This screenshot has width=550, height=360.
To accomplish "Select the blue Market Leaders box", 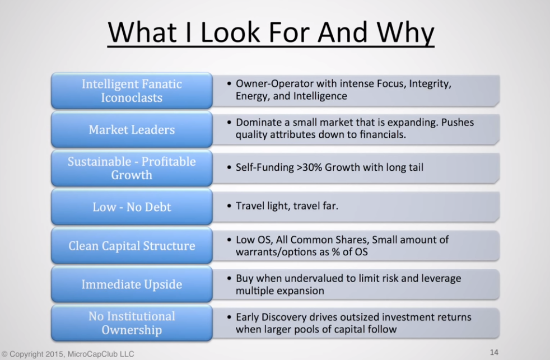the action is pos(132,129).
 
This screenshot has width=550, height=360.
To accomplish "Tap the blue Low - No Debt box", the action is pos(132,207).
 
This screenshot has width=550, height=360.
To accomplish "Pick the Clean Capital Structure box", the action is pos(132,245).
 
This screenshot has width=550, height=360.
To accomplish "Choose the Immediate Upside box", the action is pos(132,284).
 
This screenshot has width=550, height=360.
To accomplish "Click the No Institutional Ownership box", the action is pos(132,323).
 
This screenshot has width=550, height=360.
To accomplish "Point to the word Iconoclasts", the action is pos(132,98).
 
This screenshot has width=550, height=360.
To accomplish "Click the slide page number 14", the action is pos(494,352).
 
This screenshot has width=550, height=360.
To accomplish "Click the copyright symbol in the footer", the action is pos(4,354).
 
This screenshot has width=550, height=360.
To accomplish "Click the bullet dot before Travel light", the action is pos(229,206).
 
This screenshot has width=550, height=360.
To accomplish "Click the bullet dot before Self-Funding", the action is pos(229,167).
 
